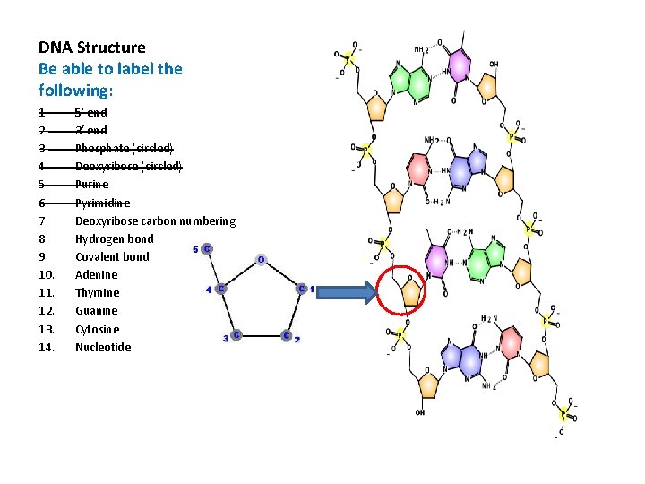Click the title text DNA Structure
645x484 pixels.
pos(91,48)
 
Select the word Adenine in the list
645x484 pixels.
pos(96,275)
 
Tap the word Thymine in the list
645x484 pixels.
pos(97,293)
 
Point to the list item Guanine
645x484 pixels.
pos(96,311)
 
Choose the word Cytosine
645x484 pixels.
pos(97,329)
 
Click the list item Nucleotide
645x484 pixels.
pos(102,347)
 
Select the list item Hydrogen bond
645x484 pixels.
pos(114,239)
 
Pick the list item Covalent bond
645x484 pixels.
pos(112,257)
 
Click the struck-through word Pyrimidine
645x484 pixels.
pos(102,203)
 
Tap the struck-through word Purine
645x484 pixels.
pos(91,185)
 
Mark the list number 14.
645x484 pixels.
pos(47,347)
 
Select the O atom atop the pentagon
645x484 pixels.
pos(261,260)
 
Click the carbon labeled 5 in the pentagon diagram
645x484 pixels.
pos(207,248)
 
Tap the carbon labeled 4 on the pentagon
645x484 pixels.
pos(219,289)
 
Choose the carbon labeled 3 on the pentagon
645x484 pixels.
pos(236,336)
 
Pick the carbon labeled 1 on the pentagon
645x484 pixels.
pos(302,289)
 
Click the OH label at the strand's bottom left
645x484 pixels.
pos(420,412)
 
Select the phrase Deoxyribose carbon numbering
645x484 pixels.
pos(155,221)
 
